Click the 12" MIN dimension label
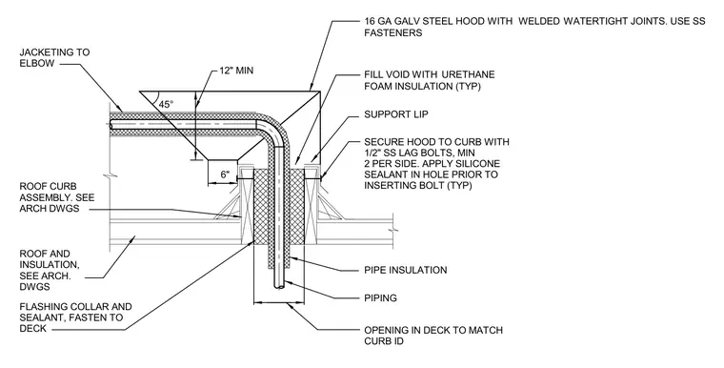tap(236, 71)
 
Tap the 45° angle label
tap(166, 105)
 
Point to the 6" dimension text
tap(225, 174)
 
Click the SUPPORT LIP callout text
tap(395, 114)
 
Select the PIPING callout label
tap(380, 298)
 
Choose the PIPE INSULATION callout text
tap(406, 270)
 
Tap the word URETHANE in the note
tap(468, 74)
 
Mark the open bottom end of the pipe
tap(279, 287)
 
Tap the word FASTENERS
tap(392, 32)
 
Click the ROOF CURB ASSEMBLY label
tap(57, 197)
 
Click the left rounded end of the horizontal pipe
tap(111, 124)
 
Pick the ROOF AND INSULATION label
tap(50, 271)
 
